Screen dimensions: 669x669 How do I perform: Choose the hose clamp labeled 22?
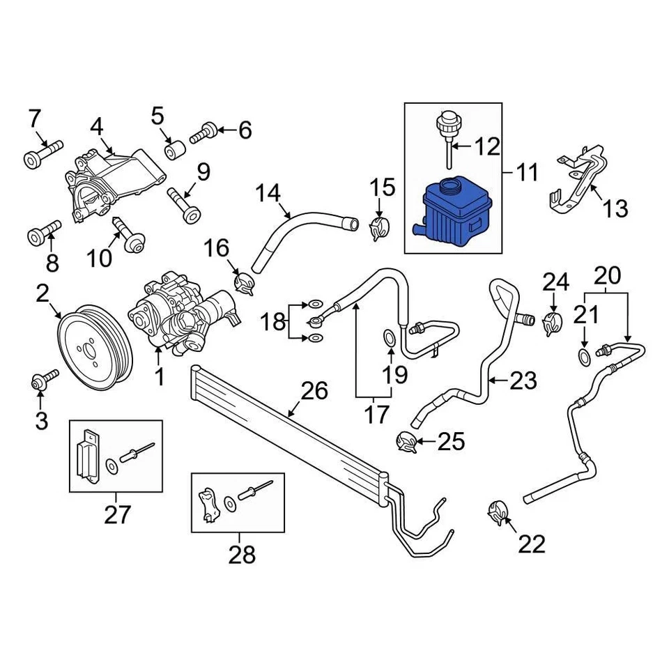pos(498,514)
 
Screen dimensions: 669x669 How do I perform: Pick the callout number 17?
pos(376,415)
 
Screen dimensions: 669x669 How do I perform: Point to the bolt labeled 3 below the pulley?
pos(40,383)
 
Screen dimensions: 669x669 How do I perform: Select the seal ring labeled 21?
pos(584,357)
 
